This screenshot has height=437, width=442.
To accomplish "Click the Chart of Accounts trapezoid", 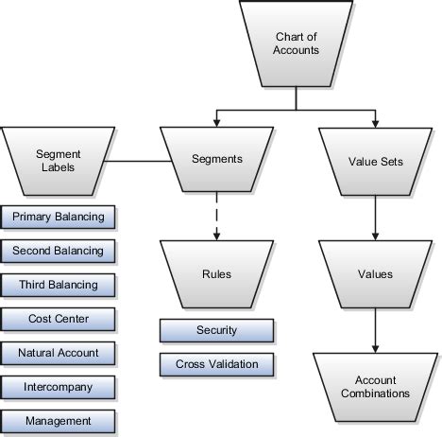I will click(297, 44).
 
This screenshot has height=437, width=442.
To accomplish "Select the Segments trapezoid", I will click(217, 160).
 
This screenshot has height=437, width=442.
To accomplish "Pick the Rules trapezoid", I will click(217, 275).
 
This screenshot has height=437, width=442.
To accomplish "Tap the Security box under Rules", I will click(217, 330).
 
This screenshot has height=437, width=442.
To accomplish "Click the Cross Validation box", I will click(217, 363).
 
